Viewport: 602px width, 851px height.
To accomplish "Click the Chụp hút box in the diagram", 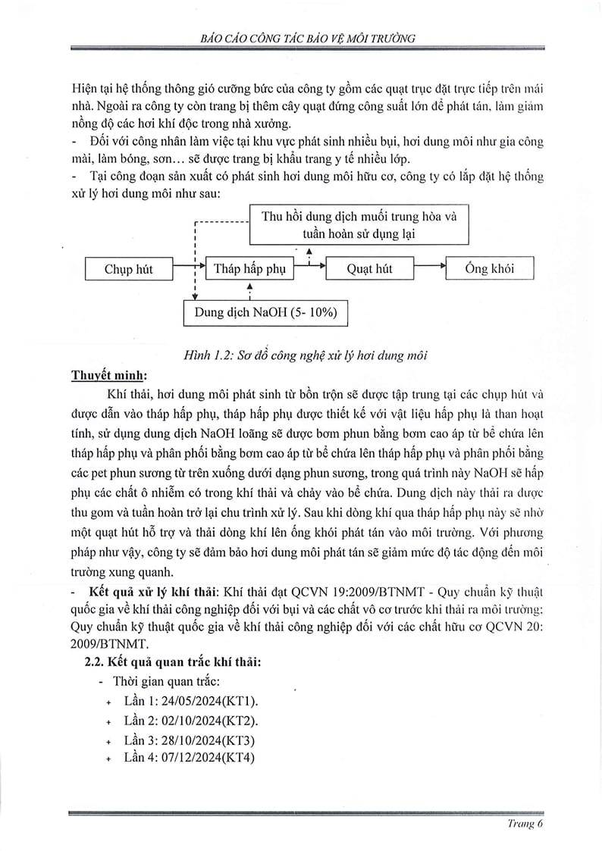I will (x=128, y=269).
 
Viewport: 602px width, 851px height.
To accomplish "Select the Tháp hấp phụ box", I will (x=249, y=269).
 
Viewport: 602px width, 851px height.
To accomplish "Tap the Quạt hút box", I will (x=369, y=269).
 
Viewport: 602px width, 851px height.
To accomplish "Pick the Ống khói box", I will (x=489, y=269).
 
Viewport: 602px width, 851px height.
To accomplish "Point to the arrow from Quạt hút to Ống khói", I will (x=429, y=266).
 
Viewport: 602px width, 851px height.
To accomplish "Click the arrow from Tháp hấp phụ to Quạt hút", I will (x=309, y=266).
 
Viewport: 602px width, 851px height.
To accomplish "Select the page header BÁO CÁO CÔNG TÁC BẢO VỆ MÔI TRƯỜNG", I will (x=301, y=38).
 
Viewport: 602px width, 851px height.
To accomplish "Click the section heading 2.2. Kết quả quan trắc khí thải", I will (x=174, y=662).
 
